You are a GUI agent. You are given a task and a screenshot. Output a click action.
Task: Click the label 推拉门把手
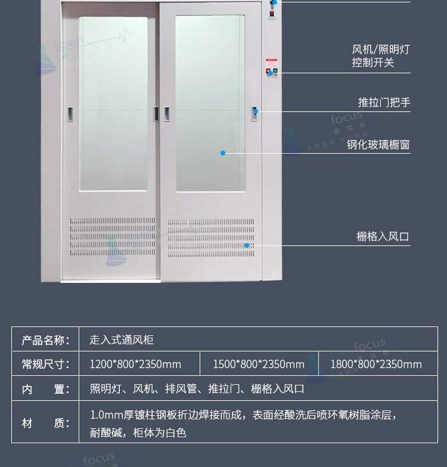pyautogui.click(x=384, y=102)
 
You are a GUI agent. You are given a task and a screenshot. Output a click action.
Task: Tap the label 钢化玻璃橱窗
pyautogui.click(x=378, y=145)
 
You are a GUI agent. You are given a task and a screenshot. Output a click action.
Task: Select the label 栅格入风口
pyautogui.click(x=383, y=237)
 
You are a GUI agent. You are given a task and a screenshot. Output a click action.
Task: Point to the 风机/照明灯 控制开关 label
pyautogui.click(x=380, y=56)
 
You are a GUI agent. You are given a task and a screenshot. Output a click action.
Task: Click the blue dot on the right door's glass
pyautogui.click(x=223, y=153)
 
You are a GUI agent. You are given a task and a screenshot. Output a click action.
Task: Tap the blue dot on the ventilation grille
pyautogui.click(x=247, y=245)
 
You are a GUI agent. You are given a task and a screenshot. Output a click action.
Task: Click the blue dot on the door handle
pyautogui.click(x=256, y=111)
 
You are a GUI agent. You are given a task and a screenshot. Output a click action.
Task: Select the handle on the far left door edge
pyautogui.click(x=70, y=114)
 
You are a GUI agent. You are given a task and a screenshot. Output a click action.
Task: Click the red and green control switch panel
pyautogui.click(x=272, y=68)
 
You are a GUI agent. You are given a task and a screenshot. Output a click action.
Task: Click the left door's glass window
pyautogui.click(x=113, y=104)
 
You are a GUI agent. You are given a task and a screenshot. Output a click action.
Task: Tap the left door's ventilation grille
pyautogui.click(x=113, y=237)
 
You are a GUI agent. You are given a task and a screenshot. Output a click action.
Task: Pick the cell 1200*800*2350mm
pyautogui.click(x=135, y=365)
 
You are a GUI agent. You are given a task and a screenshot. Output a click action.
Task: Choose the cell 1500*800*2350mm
pyautogui.click(x=259, y=365)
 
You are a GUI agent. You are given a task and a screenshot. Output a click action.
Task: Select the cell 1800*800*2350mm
pyautogui.click(x=376, y=365)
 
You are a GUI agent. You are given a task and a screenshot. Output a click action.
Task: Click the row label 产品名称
pyautogui.click(x=45, y=340)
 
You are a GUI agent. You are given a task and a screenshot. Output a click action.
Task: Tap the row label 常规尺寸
pyautogui.click(x=45, y=365)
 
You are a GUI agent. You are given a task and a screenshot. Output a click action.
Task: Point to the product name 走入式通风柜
pyautogui.click(x=122, y=340)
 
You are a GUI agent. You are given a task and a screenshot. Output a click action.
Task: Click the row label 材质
pyautogui.click(x=45, y=423)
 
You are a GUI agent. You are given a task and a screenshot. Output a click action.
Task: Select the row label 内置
pyautogui.click(x=45, y=389)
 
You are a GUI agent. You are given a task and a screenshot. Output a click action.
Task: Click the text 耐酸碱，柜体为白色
pyautogui.click(x=138, y=432)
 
